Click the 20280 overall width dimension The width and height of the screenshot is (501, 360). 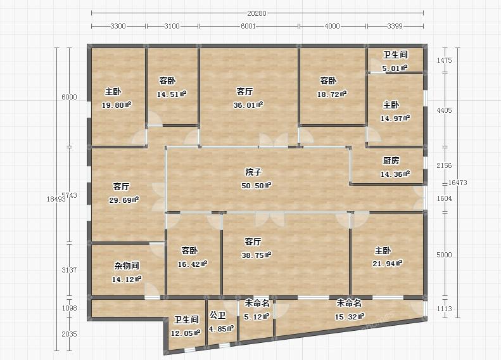257,13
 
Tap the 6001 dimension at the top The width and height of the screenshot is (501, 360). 248,26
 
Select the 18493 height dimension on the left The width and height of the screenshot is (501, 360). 56,199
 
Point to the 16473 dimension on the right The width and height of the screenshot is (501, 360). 457,183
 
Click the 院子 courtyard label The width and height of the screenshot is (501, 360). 253,172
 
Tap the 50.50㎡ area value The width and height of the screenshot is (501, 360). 257,186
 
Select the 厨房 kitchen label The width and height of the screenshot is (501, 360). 391,160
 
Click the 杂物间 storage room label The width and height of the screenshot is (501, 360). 127,266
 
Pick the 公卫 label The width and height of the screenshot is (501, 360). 218,315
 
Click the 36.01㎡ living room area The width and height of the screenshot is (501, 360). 248,105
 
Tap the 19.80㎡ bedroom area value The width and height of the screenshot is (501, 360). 117,105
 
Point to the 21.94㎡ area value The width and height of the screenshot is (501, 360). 387,264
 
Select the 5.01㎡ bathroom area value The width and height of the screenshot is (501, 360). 395,68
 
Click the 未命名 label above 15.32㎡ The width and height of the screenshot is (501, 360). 349,303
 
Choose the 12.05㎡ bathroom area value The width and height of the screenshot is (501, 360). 186,333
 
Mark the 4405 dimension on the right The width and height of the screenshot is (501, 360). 444,110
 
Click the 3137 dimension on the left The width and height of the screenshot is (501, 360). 69,270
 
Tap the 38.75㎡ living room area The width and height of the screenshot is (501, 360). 257,255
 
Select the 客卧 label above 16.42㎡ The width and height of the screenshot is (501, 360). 189,250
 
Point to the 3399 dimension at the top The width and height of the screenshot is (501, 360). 395,26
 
